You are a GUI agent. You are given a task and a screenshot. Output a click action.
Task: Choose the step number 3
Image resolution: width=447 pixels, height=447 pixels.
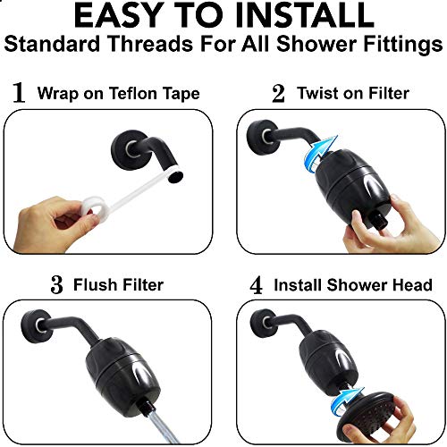coord(56,285)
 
